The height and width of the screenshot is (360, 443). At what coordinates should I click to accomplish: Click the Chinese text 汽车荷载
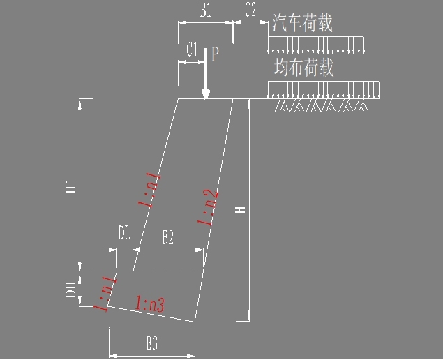(x=301, y=23)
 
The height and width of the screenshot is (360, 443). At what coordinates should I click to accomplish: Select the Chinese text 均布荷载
(x=303, y=68)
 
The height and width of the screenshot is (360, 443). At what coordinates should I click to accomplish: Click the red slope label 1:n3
(x=151, y=303)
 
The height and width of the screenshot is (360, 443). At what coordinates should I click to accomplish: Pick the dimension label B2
(x=168, y=238)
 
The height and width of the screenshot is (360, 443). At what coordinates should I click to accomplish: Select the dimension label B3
(x=151, y=343)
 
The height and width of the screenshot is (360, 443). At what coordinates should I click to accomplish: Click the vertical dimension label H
(x=240, y=210)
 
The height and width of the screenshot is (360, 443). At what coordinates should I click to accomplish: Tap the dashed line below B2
(x=167, y=273)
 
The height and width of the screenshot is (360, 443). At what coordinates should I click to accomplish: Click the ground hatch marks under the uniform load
(x=322, y=105)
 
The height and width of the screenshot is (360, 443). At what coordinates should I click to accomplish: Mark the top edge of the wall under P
(x=205, y=99)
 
